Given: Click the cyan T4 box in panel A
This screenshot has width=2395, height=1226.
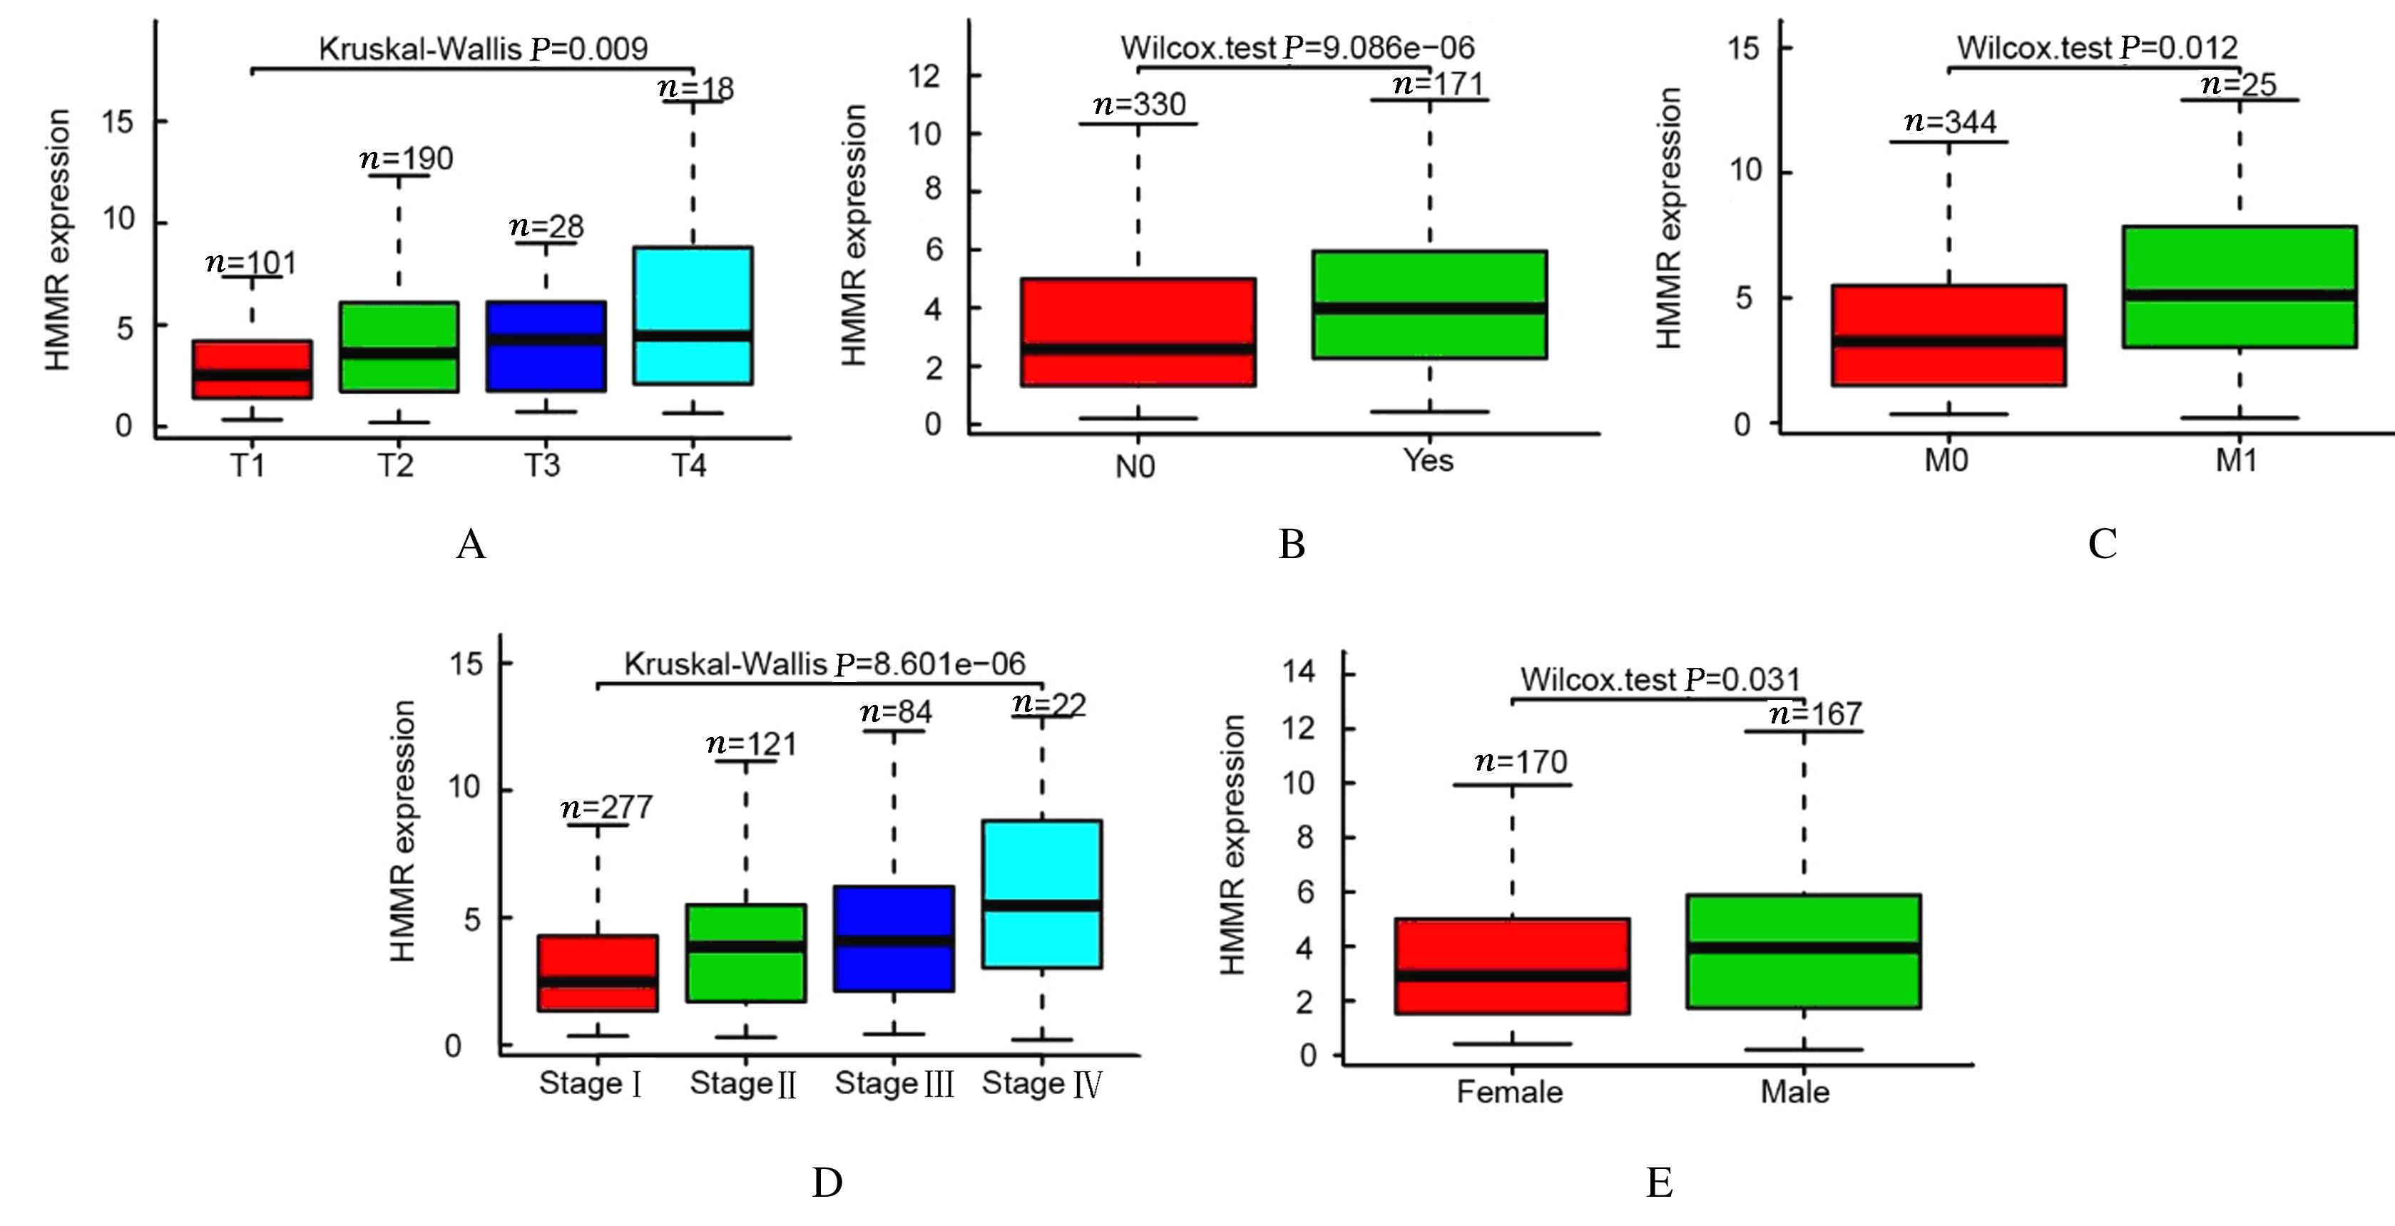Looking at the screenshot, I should [693, 315].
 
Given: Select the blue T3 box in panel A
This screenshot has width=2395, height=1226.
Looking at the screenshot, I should [546, 346].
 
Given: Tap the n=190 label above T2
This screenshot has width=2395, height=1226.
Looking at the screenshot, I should [407, 159].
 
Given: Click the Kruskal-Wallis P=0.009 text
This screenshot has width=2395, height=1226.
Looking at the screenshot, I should [483, 48].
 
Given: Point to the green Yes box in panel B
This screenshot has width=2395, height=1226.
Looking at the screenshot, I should [1429, 304].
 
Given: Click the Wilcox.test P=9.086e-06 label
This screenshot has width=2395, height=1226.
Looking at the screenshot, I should [1297, 48].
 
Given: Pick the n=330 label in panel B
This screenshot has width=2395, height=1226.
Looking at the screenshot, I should [1140, 104].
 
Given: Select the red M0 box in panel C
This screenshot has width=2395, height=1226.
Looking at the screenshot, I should [1948, 334].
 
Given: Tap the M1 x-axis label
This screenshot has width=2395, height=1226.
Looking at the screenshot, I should [2236, 460].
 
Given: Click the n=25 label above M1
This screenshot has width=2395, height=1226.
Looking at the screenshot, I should [2239, 85].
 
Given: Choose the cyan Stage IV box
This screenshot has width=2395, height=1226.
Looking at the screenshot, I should [1042, 893].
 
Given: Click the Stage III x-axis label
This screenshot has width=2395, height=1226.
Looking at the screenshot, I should [894, 1083].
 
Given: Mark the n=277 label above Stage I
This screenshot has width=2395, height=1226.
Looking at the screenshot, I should [606, 807].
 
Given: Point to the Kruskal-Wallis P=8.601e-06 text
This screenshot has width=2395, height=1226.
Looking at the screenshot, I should [824, 664].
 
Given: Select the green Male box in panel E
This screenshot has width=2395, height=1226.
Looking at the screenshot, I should [1804, 951].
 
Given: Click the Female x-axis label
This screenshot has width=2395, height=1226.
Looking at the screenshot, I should [1509, 1091].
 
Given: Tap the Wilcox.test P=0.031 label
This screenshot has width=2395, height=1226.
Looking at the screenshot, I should [1660, 679].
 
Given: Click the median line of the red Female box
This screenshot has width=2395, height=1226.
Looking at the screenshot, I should [1512, 975].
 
